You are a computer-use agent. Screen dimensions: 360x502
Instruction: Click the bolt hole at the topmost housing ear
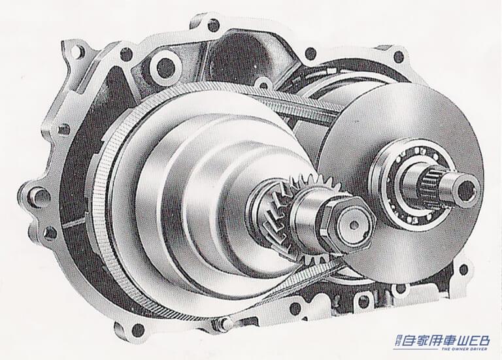click(x=213, y=25)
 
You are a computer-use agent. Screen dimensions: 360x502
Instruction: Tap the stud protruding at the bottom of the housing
click(x=226, y=323)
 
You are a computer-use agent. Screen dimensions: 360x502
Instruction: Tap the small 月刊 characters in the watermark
click(x=397, y=340)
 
